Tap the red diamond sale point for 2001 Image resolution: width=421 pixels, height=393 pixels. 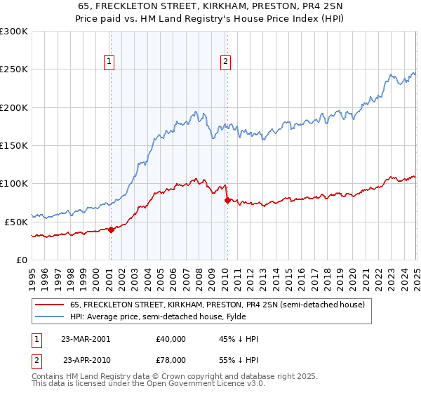(111, 229)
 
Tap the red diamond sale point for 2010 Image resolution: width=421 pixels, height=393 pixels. (227, 200)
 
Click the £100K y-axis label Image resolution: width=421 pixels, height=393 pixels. (14, 183)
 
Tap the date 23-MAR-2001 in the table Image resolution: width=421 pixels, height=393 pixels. (86, 339)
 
